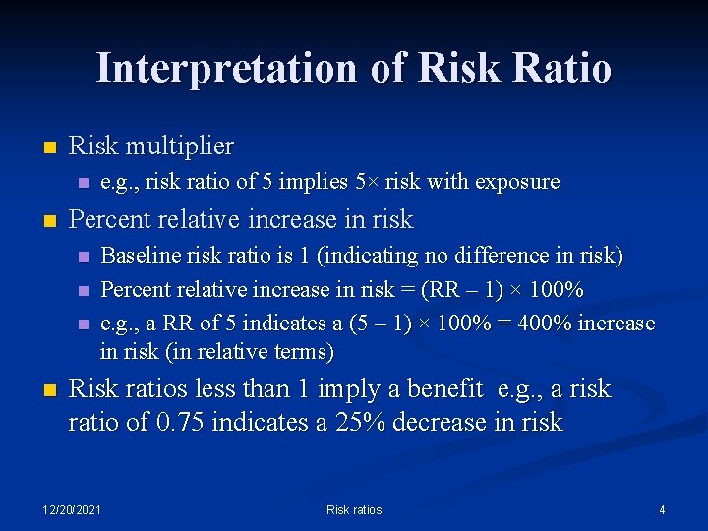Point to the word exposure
(x=517, y=182)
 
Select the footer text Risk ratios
(x=354, y=509)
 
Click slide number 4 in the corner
(x=662, y=509)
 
